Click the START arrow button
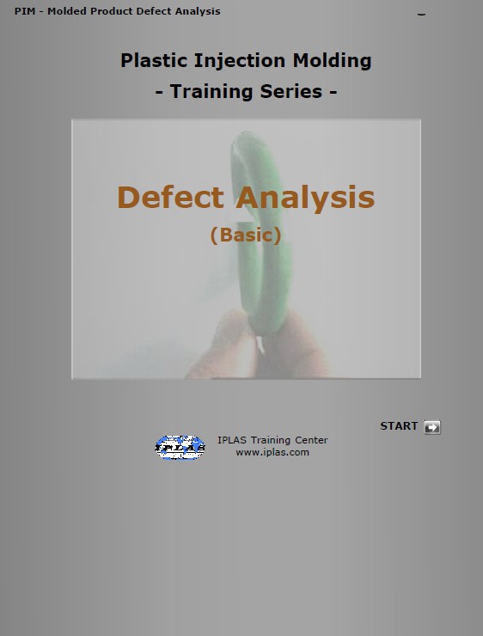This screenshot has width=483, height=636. [432, 427]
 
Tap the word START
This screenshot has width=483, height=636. [399, 426]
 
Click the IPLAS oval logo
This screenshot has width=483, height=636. [180, 448]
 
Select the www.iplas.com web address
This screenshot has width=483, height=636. [272, 452]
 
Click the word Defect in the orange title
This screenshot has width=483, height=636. [171, 197]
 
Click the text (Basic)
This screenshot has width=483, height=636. [246, 235]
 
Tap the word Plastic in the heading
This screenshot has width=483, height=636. [154, 60]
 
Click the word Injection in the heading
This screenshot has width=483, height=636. [240, 61]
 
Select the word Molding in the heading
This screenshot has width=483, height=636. [332, 61]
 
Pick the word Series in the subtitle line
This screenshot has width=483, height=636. [290, 91]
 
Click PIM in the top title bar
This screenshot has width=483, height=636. [25, 11]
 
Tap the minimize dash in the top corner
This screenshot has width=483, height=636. [421, 15]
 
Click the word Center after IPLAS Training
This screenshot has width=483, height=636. [311, 440]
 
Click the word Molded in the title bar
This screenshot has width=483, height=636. [67, 11]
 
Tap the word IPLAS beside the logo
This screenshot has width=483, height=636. [232, 440]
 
